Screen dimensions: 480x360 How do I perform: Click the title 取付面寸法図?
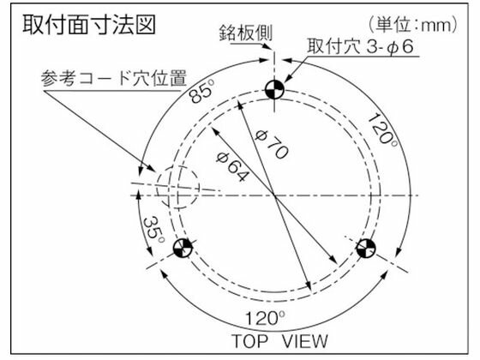pyautogui.click(x=89, y=25)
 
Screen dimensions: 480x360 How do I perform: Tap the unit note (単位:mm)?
pyautogui.click(x=413, y=25)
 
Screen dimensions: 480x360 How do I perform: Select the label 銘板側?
pyautogui.click(x=245, y=33)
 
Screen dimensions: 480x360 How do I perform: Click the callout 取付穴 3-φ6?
pyautogui.click(x=361, y=46)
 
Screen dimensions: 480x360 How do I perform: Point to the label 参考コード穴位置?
pyautogui.click(x=114, y=78)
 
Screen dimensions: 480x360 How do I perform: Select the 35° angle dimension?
pyautogui.click(x=154, y=231)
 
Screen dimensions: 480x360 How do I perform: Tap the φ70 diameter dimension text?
pyautogui.click(x=272, y=144)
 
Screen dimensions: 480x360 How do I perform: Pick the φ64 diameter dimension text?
pyautogui.click(x=231, y=167)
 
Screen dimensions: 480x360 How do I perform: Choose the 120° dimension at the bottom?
pyautogui.click(x=266, y=318)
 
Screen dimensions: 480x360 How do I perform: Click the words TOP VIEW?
pyautogui.click(x=279, y=341)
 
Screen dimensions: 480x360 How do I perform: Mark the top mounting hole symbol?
pyautogui.click(x=274, y=90)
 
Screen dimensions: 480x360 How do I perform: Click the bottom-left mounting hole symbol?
pyautogui.click(x=183, y=248)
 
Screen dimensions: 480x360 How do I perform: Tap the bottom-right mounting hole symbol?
pyautogui.click(x=366, y=248)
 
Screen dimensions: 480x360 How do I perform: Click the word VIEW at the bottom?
pyautogui.click(x=304, y=341)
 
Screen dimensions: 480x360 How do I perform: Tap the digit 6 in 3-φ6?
pyautogui.click(x=409, y=46)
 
